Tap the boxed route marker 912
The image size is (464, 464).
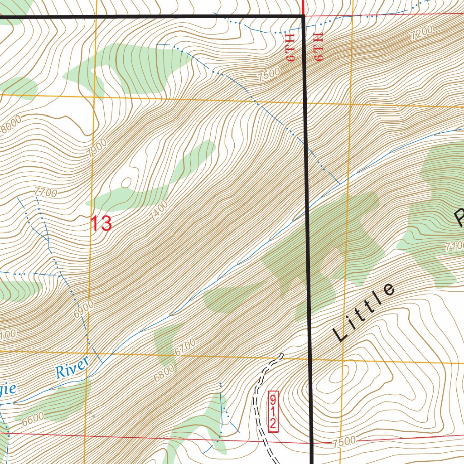(273, 411)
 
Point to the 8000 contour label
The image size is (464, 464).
(10, 125)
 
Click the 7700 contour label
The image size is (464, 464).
(46, 193)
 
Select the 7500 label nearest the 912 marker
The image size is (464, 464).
(343, 441)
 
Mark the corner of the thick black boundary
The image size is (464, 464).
(303, 17)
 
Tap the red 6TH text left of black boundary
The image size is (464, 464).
(290, 47)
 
